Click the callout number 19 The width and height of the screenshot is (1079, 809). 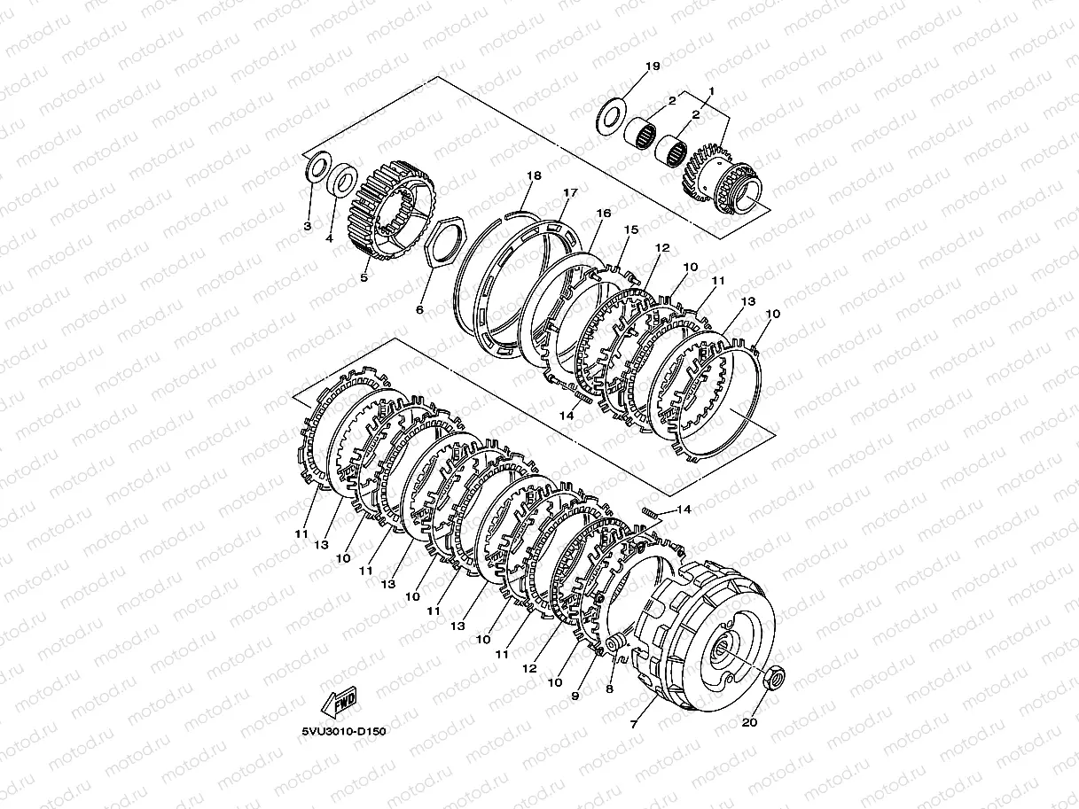653,66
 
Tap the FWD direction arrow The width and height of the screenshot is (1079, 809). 340,703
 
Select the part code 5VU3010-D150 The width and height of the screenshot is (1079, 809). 344,731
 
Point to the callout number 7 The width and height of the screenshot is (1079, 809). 633,724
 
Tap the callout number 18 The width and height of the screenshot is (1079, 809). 534,175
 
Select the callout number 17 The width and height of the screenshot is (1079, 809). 570,192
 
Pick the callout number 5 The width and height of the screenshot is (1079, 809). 364,277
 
